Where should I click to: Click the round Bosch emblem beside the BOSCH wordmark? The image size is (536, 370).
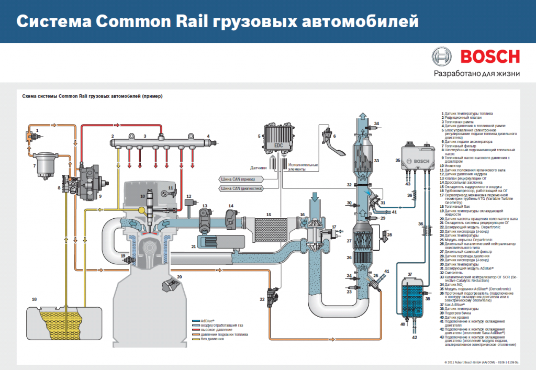tap(441, 57)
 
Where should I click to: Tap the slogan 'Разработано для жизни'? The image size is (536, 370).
tap(476, 73)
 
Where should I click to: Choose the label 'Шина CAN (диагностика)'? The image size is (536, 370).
tap(240, 187)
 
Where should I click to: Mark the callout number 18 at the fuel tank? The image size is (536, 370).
tap(35, 299)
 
